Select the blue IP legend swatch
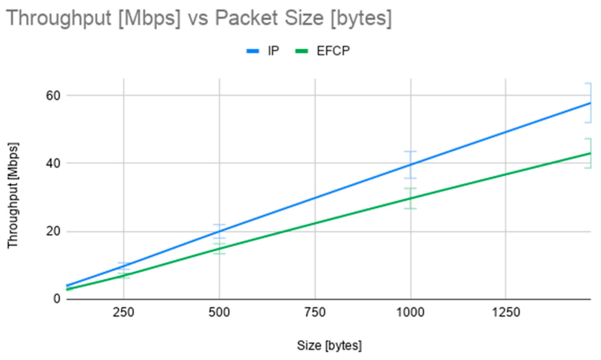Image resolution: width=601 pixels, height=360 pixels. coord(253,51)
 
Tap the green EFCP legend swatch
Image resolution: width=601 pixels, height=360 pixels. coord(301,51)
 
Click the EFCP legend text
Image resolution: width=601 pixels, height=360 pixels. coord(333,51)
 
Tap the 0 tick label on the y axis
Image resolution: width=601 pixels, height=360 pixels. coord(57,299)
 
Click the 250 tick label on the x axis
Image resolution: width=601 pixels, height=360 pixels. coord(123,313)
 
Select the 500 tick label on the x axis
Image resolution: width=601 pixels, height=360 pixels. coord(219,313)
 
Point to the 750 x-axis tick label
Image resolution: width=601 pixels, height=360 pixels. coord(315,313)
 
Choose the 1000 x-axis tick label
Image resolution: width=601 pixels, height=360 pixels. coord(411,313)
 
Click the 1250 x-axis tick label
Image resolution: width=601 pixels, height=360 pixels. coord(506,313)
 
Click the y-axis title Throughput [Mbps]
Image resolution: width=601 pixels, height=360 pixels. coord(13,195)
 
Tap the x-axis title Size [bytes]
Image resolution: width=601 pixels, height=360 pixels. coord(329,346)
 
